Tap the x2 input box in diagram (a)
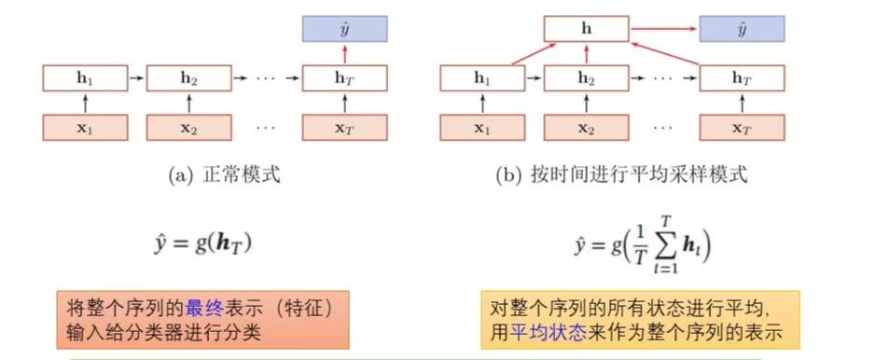[x=188, y=127]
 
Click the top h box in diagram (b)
[x=586, y=30]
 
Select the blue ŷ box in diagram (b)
[x=743, y=30]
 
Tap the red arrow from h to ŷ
[x=663, y=30]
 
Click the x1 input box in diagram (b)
[x=481, y=127]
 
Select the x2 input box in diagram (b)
[x=586, y=127]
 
